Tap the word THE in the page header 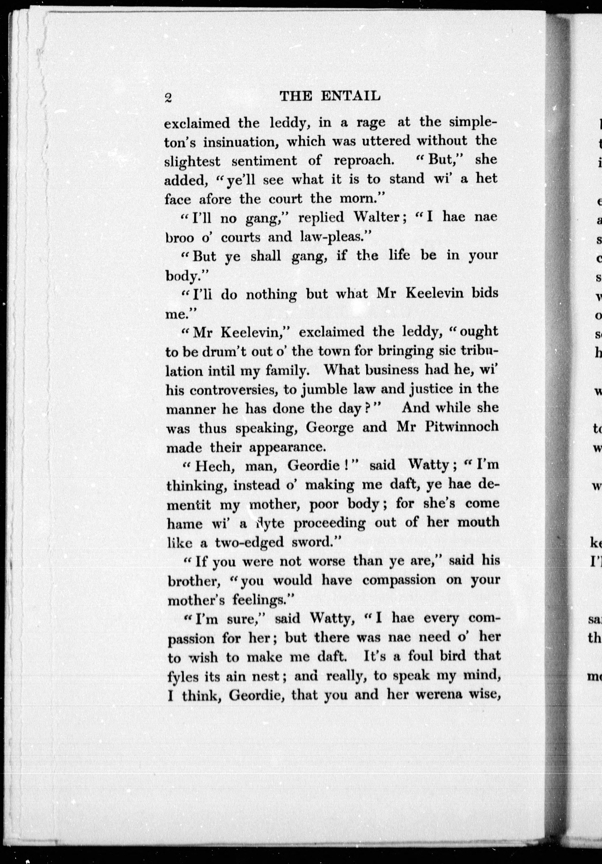[x=296, y=97]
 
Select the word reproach [x=363, y=160]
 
